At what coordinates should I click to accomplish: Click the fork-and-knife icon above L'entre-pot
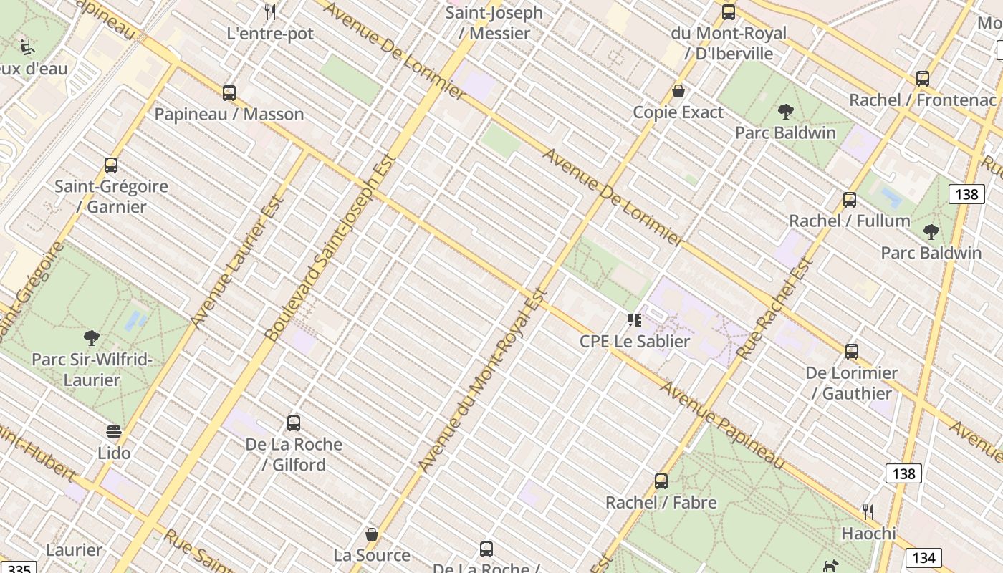pyautogui.click(x=270, y=11)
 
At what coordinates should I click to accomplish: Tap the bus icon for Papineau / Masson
pyautogui.click(x=229, y=93)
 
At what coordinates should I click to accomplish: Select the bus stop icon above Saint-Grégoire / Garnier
pyautogui.click(x=111, y=165)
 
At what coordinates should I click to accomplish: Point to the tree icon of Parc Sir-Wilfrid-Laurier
pyautogui.click(x=91, y=338)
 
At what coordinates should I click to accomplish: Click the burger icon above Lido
pyautogui.click(x=114, y=432)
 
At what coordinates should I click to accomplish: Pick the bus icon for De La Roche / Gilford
pyautogui.click(x=294, y=423)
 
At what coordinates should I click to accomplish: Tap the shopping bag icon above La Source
pyautogui.click(x=372, y=534)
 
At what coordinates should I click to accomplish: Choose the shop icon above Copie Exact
pyautogui.click(x=678, y=92)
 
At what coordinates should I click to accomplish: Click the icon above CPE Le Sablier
pyautogui.click(x=634, y=320)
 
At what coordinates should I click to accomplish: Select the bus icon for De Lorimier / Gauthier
pyautogui.click(x=852, y=352)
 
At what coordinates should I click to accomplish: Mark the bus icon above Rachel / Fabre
pyautogui.click(x=661, y=481)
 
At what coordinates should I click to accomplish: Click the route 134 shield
pyautogui.click(x=923, y=558)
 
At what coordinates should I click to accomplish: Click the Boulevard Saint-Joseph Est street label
pyautogui.click(x=331, y=248)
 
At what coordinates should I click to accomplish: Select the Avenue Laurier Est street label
pyautogui.click(x=239, y=260)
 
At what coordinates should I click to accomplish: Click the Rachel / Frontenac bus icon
pyautogui.click(x=923, y=79)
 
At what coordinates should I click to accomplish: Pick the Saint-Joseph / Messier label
pyautogui.click(x=494, y=23)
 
